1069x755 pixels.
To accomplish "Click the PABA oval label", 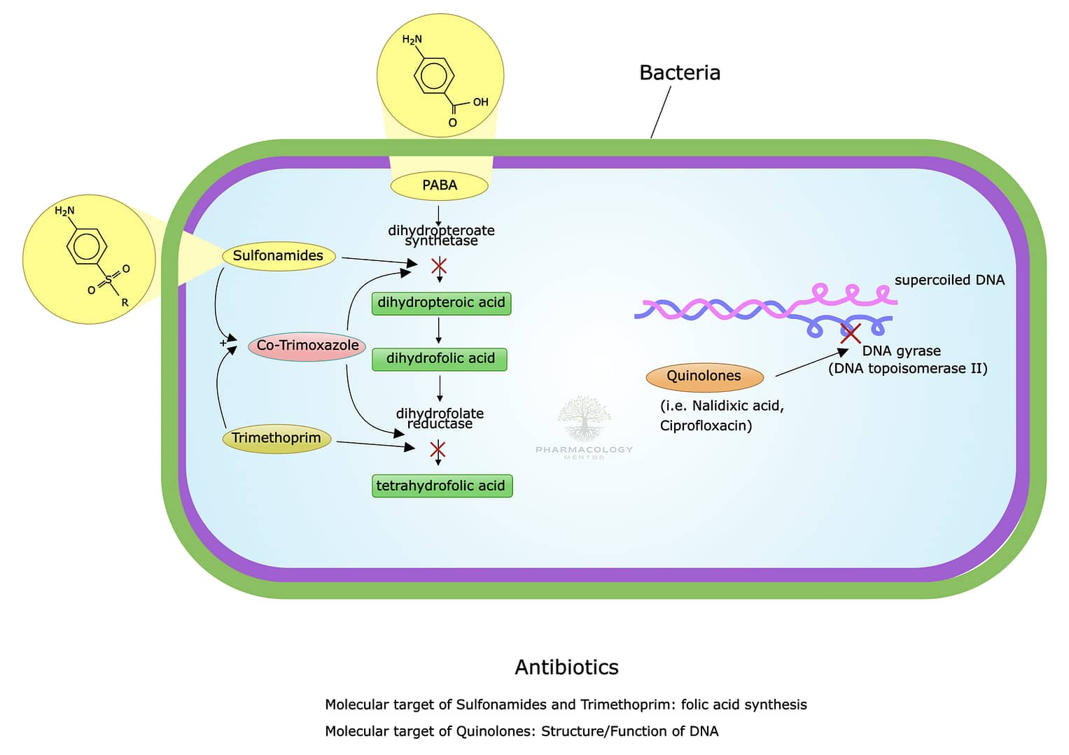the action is [x=439, y=185].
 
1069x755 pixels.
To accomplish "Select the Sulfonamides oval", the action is [x=279, y=256].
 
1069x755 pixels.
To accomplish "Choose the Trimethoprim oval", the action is [x=277, y=438].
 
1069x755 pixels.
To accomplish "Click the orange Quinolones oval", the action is [x=704, y=376].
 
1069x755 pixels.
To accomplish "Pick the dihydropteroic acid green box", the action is [x=442, y=304].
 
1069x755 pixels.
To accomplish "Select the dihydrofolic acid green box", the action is [x=440, y=359].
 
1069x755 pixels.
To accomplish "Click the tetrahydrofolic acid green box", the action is [x=442, y=486].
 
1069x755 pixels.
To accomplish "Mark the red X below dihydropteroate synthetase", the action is [x=439, y=266].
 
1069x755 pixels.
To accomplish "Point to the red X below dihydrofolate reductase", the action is [x=438, y=449].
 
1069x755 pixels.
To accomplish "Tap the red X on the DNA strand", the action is [x=851, y=333].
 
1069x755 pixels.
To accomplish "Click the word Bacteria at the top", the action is [x=680, y=73].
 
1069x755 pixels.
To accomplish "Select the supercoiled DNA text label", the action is [x=950, y=280].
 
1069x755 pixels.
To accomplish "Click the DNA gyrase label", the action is [x=902, y=351].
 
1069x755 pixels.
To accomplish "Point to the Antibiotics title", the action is [x=566, y=668].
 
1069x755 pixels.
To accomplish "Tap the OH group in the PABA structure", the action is [x=480, y=102].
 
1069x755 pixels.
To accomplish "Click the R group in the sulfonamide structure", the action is [x=125, y=302].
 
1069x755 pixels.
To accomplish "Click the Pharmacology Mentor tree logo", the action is [x=584, y=418].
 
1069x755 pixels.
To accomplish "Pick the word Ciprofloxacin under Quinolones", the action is [x=706, y=425].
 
